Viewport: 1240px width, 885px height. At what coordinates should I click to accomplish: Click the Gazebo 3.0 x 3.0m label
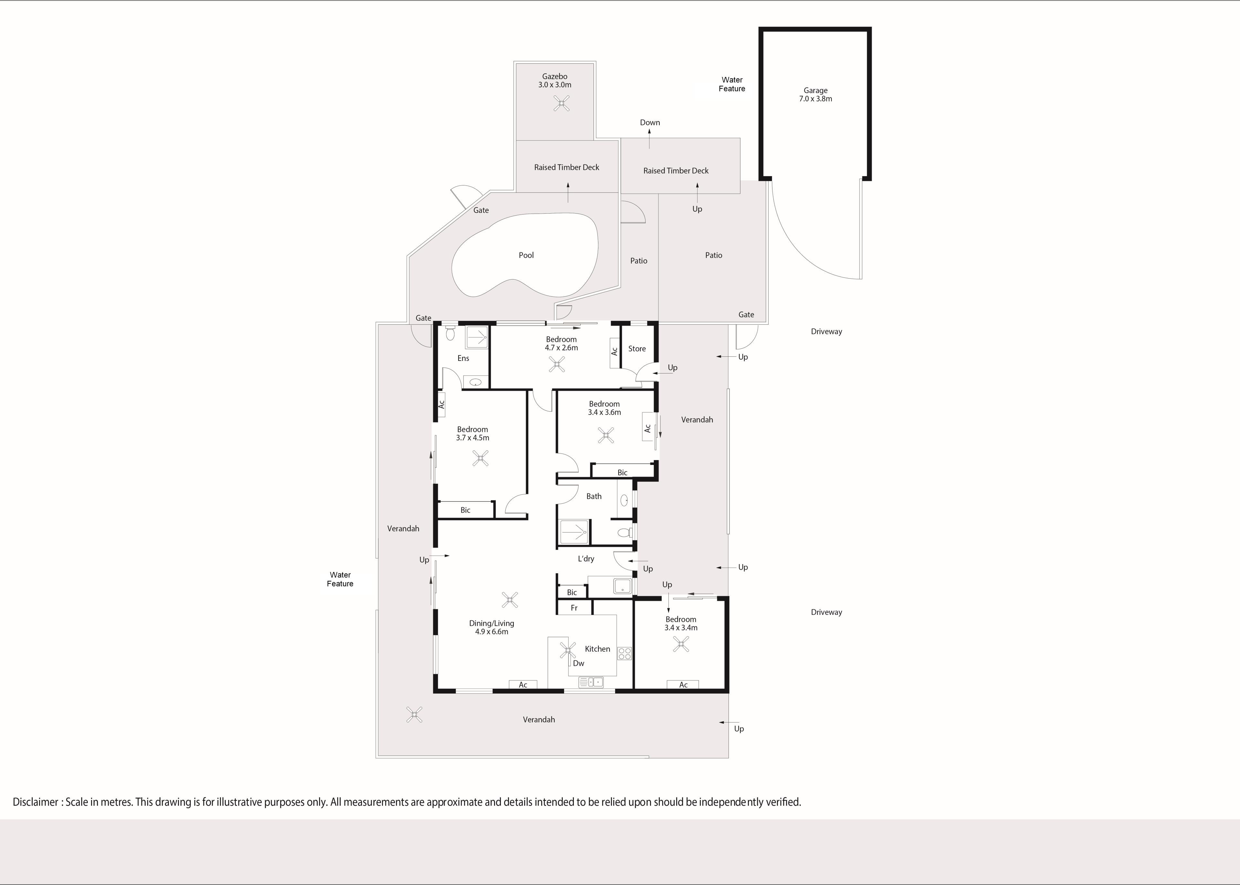click(x=554, y=81)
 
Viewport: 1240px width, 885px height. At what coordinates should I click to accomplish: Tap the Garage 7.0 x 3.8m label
click(x=815, y=95)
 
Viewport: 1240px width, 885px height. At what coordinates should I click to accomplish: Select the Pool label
click(x=526, y=255)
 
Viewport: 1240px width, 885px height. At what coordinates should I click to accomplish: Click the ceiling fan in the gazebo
click(x=562, y=103)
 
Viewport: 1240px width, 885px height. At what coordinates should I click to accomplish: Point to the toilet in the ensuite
click(x=450, y=333)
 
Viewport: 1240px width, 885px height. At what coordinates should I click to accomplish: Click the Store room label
click(x=636, y=349)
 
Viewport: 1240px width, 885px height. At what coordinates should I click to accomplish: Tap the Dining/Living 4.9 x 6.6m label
click(x=491, y=627)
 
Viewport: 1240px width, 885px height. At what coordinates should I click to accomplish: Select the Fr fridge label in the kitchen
click(x=574, y=608)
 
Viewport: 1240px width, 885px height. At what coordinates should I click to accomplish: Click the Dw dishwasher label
click(x=578, y=663)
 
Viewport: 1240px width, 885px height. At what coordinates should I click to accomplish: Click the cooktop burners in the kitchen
click(x=625, y=653)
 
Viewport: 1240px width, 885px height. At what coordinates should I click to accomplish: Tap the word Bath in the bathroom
click(x=594, y=496)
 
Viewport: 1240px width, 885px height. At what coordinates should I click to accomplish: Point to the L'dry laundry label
click(x=586, y=559)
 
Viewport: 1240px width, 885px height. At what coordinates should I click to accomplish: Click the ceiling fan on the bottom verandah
click(x=414, y=714)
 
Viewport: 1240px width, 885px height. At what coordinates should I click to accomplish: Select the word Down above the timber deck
click(x=650, y=122)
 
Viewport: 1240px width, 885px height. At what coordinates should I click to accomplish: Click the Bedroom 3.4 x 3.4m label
click(x=681, y=623)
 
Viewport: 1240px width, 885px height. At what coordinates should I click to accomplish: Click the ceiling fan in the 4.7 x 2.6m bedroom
click(x=557, y=364)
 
